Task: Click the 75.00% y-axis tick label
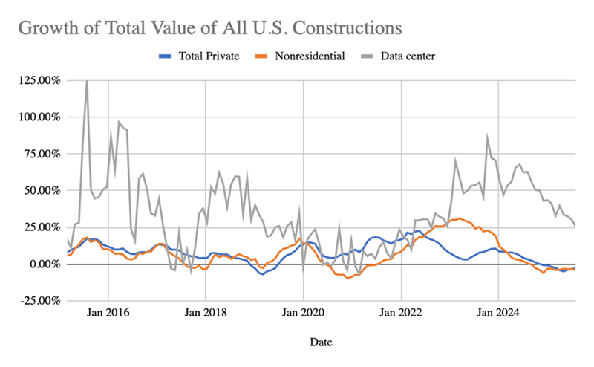[x=39, y=153]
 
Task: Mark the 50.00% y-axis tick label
[x=39, y=190]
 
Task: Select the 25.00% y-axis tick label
[x=39, y=227]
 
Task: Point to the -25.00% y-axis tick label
[x=38, y=300]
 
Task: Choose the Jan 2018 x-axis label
[x=206, y=314]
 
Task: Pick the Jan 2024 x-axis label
[x=499, y=314]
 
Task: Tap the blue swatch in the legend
[x=164, y=56]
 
